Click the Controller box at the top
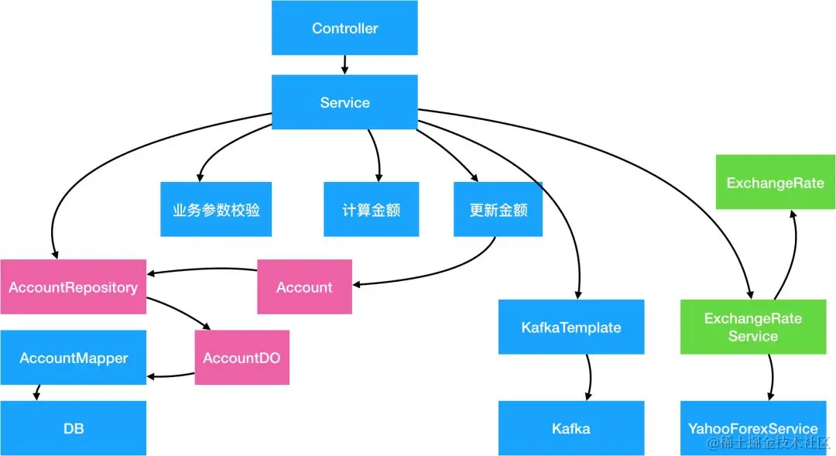344,28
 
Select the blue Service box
344,102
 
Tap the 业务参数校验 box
216,209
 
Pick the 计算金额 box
371,209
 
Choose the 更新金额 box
498,209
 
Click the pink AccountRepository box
74,287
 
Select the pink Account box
304,287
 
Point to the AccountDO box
242,358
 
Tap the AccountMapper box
74,358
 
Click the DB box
74,428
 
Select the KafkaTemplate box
571,327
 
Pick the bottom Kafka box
571,428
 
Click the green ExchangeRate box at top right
775,183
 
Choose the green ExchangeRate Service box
752,327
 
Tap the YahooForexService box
752,428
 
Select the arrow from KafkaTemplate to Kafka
589,377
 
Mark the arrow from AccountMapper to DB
36,393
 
